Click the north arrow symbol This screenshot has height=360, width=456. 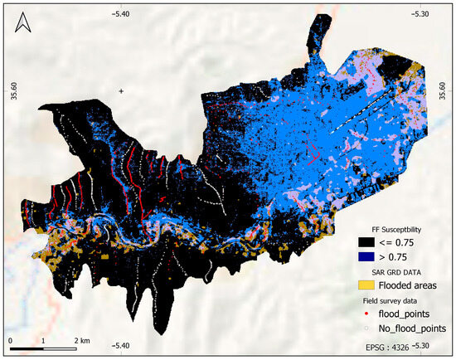(22, 27)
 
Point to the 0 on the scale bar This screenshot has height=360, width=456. (11, 341)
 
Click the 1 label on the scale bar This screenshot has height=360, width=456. (44, 341)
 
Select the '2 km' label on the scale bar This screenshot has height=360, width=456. (80, 341)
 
